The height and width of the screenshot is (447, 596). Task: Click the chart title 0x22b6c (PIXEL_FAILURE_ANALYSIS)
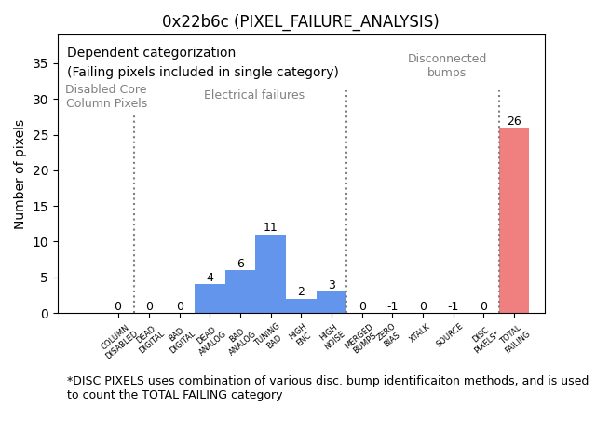(300, 21)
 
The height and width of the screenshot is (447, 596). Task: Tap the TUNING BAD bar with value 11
(270, 274)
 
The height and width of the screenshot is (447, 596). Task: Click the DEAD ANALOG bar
(210, 299)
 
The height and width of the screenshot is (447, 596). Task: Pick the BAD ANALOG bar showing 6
(240, 291)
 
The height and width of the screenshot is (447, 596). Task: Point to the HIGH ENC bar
(301, 306)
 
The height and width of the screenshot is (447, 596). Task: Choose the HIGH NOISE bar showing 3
(332, 303)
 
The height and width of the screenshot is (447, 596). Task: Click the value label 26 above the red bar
(514, 121)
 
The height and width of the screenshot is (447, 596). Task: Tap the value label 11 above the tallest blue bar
(270, 227)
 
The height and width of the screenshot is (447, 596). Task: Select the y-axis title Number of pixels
(20, 174)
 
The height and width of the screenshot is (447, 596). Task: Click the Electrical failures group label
(254, 95)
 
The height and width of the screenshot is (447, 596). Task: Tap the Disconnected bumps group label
(447, 66)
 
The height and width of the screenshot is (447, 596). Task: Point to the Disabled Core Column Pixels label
(106, 97)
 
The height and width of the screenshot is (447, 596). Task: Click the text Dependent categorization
(151, 53)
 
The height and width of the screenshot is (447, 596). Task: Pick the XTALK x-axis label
(420, 333)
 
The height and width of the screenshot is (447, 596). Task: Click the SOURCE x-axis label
(450, 335)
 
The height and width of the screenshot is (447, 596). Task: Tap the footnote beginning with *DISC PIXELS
(327, 387)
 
